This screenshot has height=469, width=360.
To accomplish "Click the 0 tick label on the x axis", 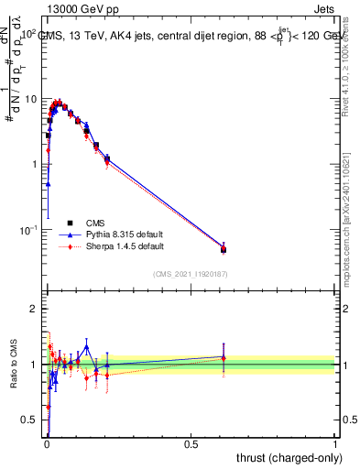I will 46,444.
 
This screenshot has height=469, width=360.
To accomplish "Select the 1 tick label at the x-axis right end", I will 335,444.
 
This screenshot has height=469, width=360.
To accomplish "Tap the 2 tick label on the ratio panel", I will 34,309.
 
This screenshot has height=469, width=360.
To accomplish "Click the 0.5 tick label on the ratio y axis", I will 30,420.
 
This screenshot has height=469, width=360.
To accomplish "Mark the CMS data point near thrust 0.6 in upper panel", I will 224,249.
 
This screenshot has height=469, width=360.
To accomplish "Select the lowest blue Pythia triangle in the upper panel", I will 48,184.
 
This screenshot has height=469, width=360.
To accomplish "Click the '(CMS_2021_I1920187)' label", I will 190,273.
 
